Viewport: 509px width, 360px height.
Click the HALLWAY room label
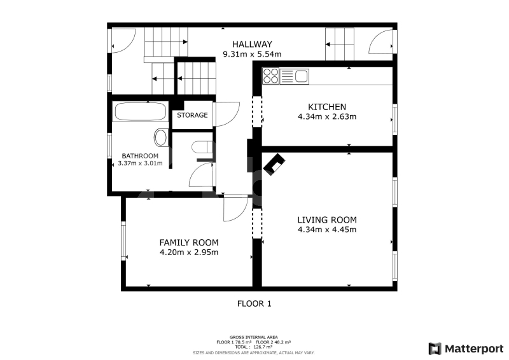point(252,44)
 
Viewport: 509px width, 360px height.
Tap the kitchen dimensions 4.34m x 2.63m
point(327,116)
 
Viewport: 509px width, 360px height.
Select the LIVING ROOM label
point(327,220)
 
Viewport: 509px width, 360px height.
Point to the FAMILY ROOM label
point(189,242)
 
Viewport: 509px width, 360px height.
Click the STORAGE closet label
point(192,115)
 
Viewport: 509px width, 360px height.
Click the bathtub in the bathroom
point(141,112)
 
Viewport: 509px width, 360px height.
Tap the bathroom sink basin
point(160,137)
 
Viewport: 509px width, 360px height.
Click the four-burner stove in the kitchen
point(271,76)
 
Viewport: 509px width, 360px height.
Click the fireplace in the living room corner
point(274,165)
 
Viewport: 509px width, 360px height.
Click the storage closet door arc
point(227,114)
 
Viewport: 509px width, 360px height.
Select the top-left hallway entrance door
point(123,41)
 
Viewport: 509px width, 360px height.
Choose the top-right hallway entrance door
point(380,41)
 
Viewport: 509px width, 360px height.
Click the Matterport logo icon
point(435,349)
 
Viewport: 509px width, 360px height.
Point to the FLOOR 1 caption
point(254,304)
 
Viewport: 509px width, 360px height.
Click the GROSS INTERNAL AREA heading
point(253,337)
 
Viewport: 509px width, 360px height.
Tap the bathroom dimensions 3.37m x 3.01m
point(140,163)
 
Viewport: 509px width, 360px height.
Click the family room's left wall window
point(123,241)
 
